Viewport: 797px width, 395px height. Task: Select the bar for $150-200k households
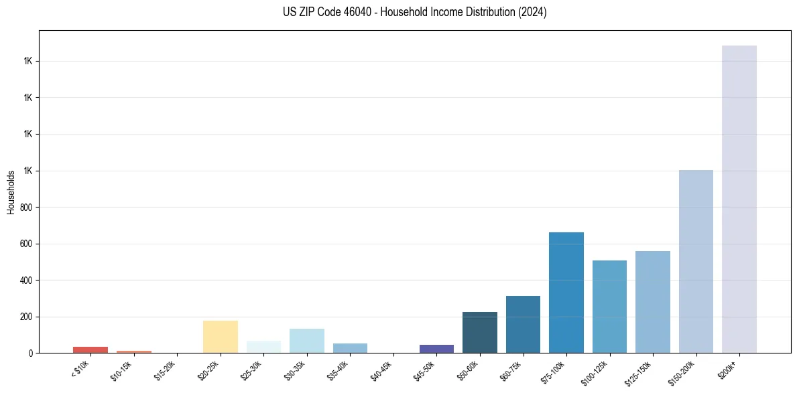point(696,261)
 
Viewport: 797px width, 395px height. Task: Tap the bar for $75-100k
point(566,293)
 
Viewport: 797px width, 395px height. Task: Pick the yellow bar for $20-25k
point(220,337)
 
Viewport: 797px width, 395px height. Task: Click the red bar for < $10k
point(90,349)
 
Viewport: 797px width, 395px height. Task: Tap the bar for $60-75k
point(523,324)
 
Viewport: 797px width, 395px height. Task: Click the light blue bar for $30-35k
point(306,341)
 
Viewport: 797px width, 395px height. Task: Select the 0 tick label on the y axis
point(31,353)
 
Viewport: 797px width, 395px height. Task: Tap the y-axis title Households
point(11,192)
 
